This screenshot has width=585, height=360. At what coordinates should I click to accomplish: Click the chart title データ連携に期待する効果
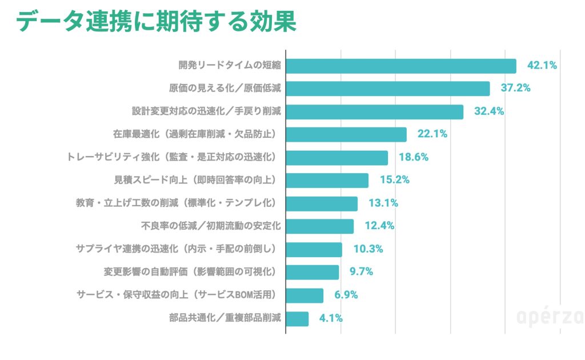point(155,23)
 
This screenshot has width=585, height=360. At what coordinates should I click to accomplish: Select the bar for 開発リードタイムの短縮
point(400,66)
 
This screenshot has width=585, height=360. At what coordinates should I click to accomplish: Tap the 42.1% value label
point(542,66)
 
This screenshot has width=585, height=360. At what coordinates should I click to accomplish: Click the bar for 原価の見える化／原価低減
point(387,89)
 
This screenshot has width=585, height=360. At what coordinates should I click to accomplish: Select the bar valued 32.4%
point(374,111)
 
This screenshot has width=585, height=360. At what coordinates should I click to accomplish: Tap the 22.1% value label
point(432,135)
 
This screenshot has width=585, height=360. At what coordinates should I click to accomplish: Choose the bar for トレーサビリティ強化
point(336,158)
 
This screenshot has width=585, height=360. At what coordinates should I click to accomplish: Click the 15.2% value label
point(395,181)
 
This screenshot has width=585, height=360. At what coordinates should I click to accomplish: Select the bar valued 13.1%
point(322,203)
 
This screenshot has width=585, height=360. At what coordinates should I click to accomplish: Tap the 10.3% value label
point(367,250)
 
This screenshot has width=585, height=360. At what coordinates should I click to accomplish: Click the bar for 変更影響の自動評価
point(312,272)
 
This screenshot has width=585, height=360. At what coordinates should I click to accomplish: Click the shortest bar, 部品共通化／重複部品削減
point(297,318)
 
